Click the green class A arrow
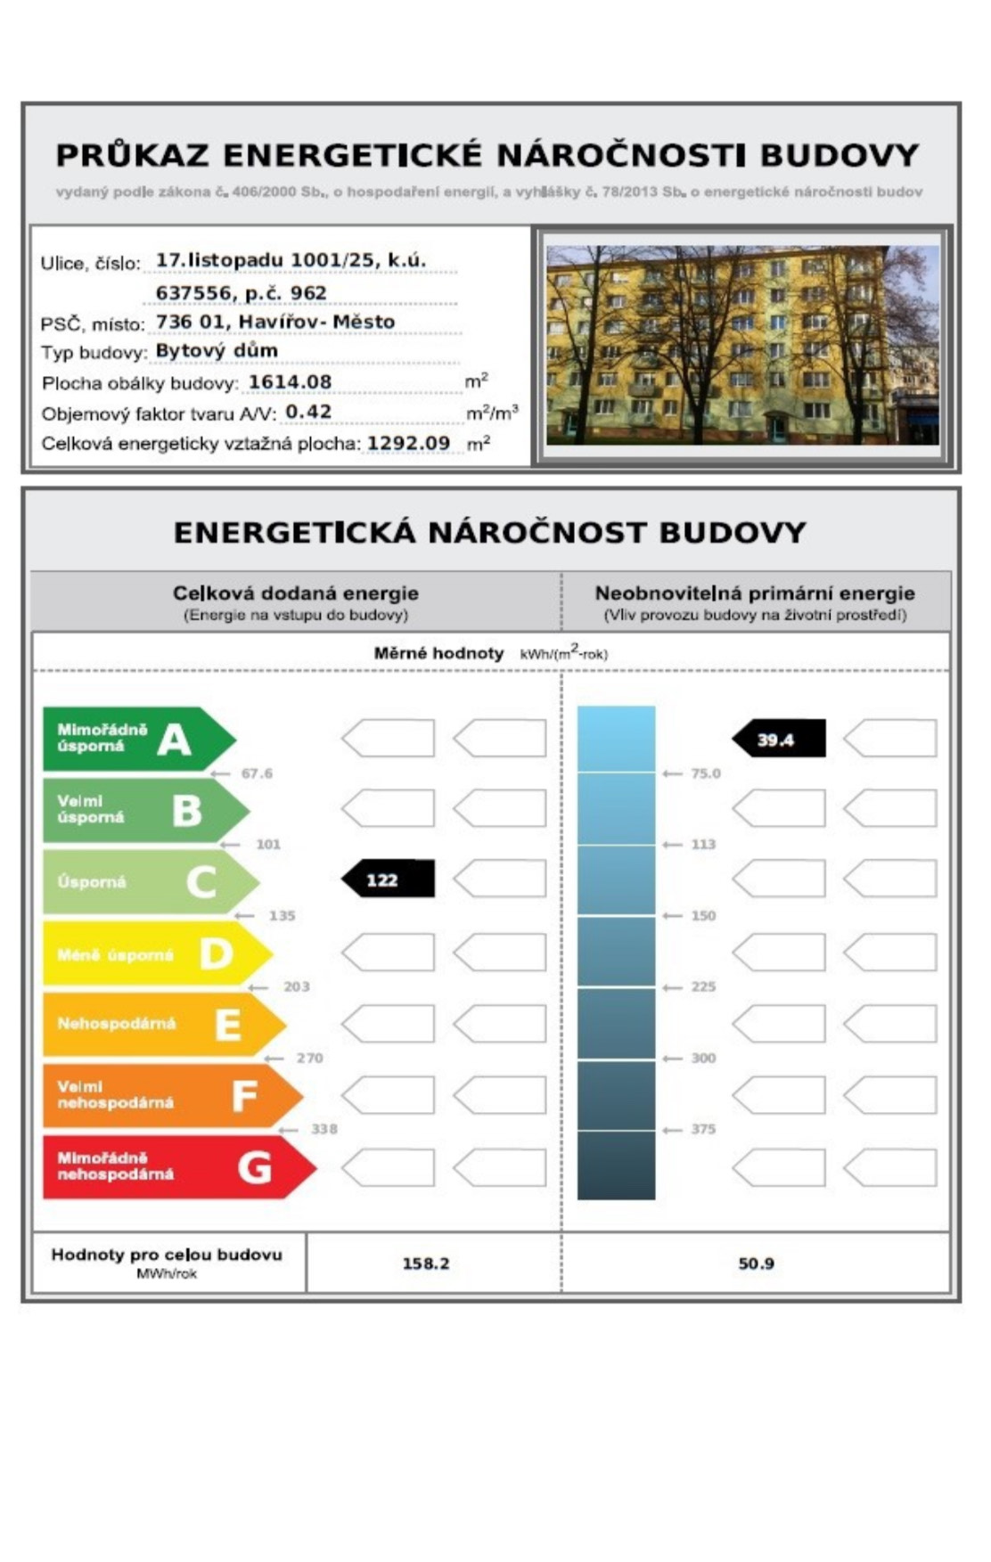point(134,739)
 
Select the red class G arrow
point(174,1166)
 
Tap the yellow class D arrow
point(152,953)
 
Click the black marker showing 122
point(389,879)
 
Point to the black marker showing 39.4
point(779,739)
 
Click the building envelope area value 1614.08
point(290,382)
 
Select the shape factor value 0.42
point(308,412)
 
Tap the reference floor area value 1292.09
point(408,443)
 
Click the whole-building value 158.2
point(426,1264)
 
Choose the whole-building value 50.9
point(756,1264)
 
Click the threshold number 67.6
point(257,773)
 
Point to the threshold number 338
point(324,1129)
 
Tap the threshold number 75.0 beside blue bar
point(705,773)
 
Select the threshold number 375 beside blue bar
point(703,1129)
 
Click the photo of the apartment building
point(742,345)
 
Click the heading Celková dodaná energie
point(295,593)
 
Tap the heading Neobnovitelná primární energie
point(755,593)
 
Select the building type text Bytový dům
point(217,351)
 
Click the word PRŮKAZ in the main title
point(132,155)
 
